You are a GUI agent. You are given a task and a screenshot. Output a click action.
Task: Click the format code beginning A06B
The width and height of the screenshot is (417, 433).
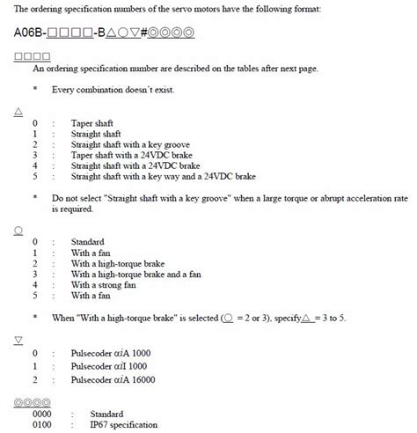pos(105,33)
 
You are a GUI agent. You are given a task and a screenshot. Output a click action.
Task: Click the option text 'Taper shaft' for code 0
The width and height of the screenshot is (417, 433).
pos(94,122)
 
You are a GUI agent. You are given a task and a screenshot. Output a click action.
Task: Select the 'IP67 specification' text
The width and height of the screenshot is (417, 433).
pos(131,423)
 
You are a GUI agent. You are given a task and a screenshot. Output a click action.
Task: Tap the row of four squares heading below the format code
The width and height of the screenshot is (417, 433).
pos(31,56)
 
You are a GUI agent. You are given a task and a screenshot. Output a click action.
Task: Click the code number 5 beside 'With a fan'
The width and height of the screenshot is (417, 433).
pos(35,296)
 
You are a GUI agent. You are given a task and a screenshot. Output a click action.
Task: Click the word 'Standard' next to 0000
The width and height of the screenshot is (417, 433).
pos(106,413)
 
